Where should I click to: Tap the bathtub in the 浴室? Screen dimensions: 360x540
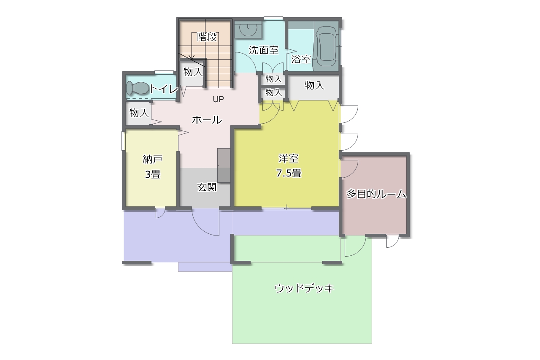coord(326,46)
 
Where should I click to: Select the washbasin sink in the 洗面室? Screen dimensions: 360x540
coord(248,29)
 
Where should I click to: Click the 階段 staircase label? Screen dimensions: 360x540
coord(207,37)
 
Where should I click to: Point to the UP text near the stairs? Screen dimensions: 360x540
coord(218,100)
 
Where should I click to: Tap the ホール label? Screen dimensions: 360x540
coord(207,120)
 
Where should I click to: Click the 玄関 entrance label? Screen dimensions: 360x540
coord(207,187)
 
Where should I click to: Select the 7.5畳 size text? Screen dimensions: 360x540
coord(289,173)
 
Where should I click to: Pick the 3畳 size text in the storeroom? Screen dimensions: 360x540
coord(153,174)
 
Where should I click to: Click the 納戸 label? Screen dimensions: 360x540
coord(153,160)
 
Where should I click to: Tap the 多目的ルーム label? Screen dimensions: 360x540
coord(376,194)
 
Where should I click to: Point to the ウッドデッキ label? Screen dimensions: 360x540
coord(304,288)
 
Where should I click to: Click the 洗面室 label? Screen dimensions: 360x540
coord(264,50)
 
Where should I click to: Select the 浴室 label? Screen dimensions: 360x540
coord(301,60)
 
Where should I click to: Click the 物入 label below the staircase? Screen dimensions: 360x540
coord(193,72)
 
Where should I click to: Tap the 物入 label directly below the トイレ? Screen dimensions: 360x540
coord(139,113)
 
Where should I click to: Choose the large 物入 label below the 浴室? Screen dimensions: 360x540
coord(314,86)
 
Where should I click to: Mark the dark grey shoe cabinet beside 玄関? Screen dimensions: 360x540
coord(224,165)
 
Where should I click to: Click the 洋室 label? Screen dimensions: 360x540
coord(289,159)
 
